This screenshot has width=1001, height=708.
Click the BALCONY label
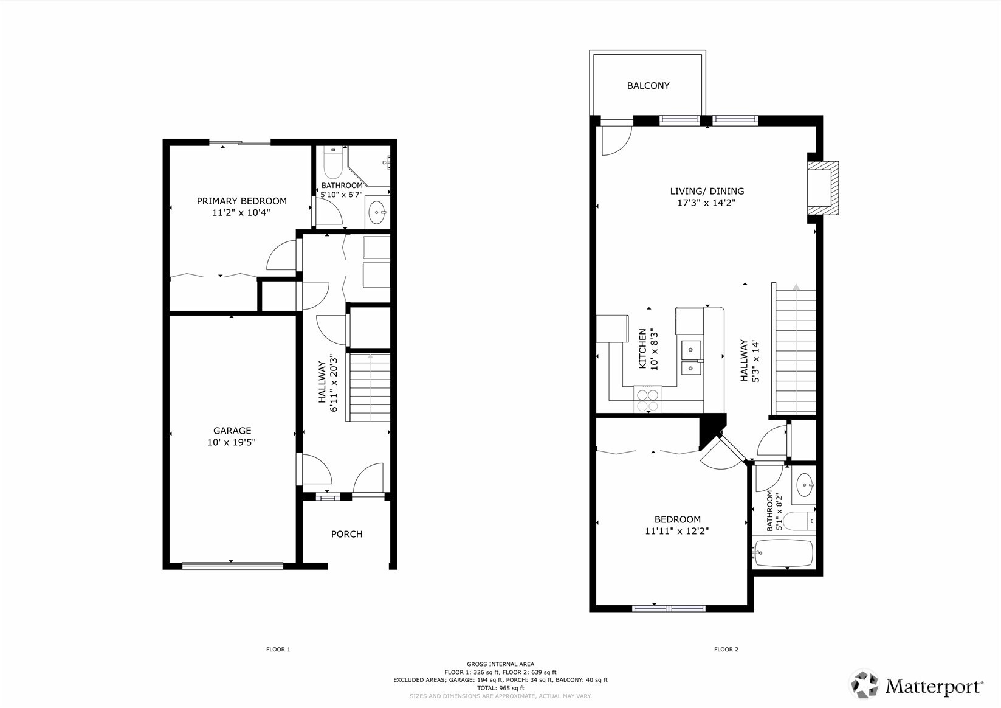[648, 86]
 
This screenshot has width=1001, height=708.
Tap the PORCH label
[346, 534]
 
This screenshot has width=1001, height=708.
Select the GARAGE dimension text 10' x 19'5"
[231, 442]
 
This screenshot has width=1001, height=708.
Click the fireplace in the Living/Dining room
[822, 189]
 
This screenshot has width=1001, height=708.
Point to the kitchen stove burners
[647, 400]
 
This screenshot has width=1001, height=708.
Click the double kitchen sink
[692, 359]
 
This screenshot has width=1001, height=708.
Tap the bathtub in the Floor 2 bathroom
[783, 553]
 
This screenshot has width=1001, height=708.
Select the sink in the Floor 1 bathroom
[377, 213]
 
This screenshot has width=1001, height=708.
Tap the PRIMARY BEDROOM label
[241, 201]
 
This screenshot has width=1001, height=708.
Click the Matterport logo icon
[864, 685]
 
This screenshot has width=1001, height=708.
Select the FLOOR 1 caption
[278, 650]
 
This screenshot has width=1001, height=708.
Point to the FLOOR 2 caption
[726, 650]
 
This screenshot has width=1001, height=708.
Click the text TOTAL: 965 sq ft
[500, 688]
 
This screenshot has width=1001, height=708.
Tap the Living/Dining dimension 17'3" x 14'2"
[706, 203]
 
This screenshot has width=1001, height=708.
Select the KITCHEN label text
[642, 349]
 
